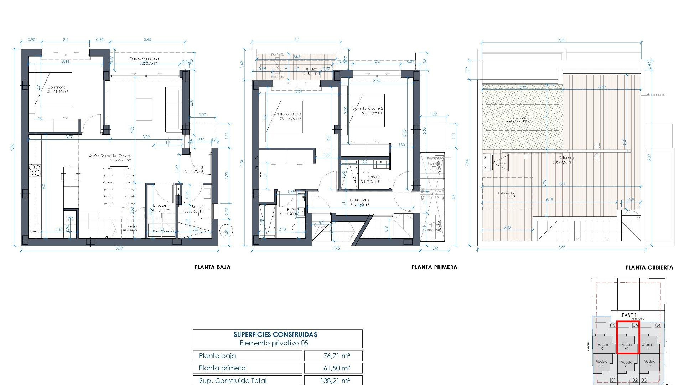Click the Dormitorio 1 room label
point(58,87)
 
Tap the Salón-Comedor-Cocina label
point(110,156)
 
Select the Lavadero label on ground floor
point(161,206)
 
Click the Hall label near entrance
point(200,167)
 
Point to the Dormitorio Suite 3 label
point(286,114)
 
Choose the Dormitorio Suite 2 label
point(367,108)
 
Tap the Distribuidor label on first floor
point(359,200)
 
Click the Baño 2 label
point(373,177)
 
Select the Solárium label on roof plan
point(566,158)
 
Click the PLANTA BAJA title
point(213,267)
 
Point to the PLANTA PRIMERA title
point(434,267)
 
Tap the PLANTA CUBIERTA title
point(649,267)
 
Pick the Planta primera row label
point(222,368)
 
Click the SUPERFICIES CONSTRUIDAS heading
point(275,334)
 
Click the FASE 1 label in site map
point(629,315)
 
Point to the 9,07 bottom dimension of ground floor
point(119,248)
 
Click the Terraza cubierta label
point(144,59)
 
